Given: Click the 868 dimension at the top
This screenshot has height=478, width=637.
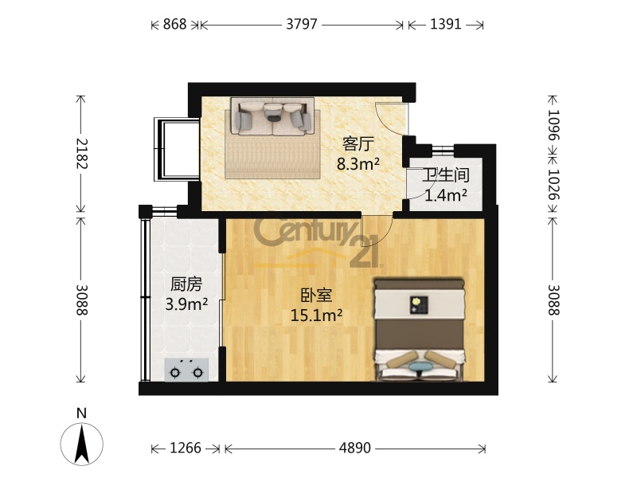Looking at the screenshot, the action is tap(174, 25).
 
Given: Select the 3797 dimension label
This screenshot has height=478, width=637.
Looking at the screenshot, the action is tap(302, 25).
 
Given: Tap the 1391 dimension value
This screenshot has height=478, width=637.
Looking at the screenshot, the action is tap(446, 25).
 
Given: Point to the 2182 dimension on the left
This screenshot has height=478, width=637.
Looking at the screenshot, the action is tap(81, 154).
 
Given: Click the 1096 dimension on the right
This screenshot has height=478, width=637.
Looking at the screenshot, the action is tap(553, 124).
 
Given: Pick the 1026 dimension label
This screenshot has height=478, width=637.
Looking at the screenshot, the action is tap(553, 184).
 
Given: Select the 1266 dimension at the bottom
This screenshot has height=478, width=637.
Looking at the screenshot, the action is tap(186, 448).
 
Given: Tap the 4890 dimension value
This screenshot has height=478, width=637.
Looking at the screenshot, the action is tap(354, 448).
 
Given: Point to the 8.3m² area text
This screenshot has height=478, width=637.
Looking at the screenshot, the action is tap(358, 164).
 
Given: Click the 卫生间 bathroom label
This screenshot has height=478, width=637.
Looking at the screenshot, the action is tap(446, 175).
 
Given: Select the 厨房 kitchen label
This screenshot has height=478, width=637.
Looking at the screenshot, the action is tap(186, 284).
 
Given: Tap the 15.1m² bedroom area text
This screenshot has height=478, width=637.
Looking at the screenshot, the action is tap(316, 315).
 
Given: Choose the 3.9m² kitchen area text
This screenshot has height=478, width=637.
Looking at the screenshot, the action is tap(186, 304).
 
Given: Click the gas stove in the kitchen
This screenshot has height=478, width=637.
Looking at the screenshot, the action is tap(186, 370).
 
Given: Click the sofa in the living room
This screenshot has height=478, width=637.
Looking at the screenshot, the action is tap(272, 116).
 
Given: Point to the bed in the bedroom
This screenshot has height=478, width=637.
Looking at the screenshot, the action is tap(420, 330).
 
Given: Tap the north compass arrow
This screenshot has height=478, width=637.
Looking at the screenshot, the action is tap(82, 444).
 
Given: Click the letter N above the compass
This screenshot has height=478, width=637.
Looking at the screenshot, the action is tap(82, 413).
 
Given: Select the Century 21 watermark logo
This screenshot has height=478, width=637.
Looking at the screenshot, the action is tap(316, 243).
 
